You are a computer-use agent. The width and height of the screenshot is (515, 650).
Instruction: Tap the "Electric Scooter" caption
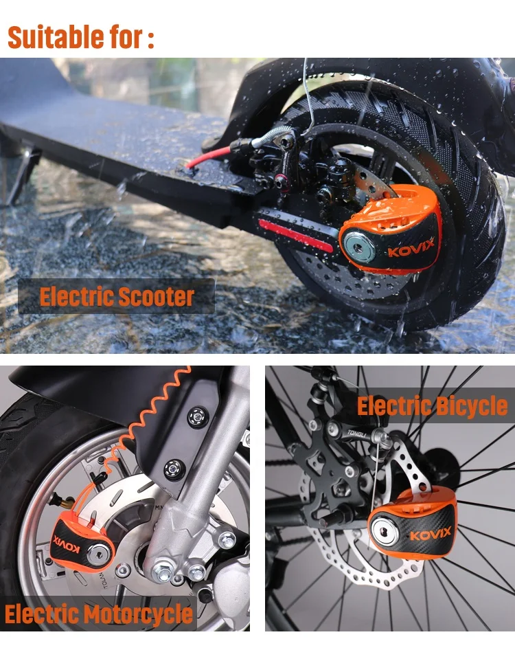pos(117,297)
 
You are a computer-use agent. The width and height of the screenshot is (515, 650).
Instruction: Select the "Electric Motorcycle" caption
pos(99,614)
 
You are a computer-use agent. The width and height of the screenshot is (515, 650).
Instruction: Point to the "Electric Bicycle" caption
pos(432,406)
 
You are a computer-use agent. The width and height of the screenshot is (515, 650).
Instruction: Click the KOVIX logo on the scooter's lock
pos(411,249)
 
